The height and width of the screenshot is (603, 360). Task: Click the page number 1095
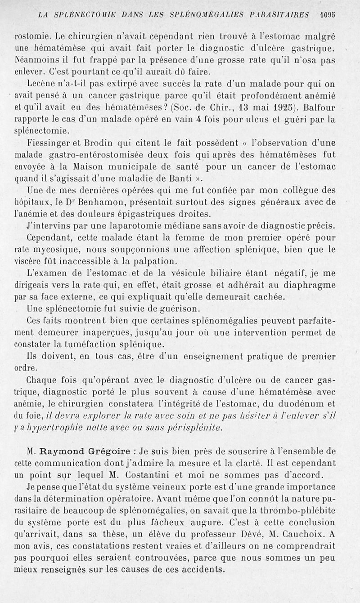point(328,14)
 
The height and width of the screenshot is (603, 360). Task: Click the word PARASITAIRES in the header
point(279,14)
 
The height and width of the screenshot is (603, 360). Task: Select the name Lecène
point(42,84)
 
